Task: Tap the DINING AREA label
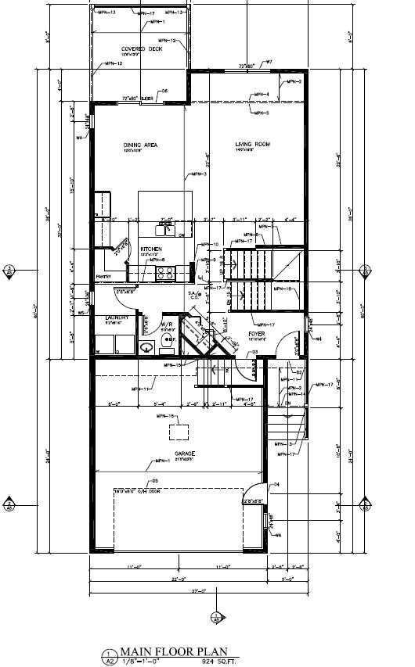pos(141,145)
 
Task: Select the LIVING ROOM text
pos(253,145)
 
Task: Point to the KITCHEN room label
pos(151,249)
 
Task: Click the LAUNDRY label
pos(117,317)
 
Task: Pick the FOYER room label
pos(257,333)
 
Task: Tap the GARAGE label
pos(185,453)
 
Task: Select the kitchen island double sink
pos(164,230)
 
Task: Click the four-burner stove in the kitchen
pos(166,274)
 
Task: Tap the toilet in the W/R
pos(146,346)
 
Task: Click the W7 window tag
pos(268,62)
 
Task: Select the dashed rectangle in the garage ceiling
pos(181,432)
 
